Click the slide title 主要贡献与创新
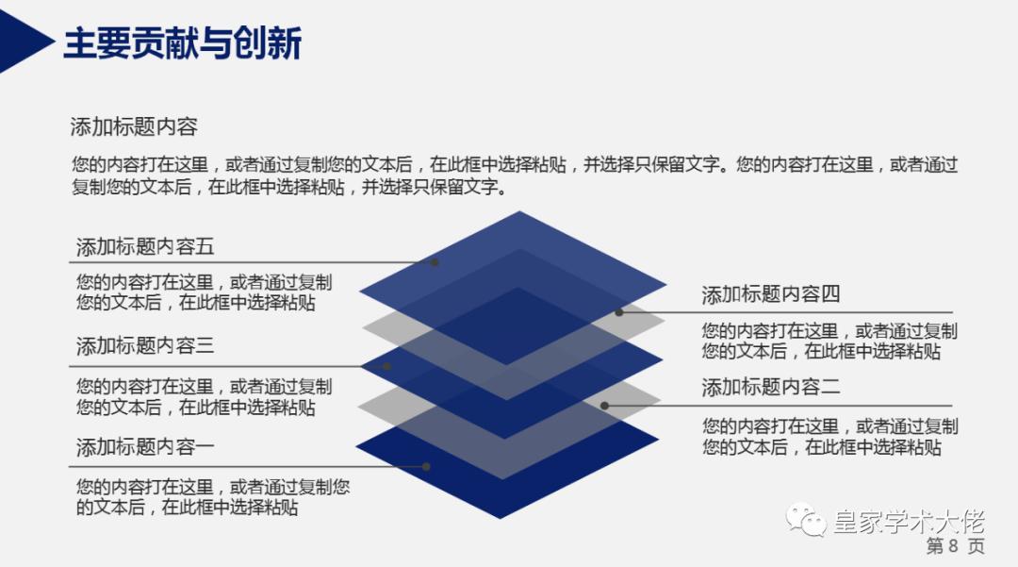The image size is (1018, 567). point(182,42)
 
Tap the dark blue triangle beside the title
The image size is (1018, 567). point(21,40)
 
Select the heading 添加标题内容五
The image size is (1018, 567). point(145,247)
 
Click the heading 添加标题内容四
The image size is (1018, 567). point(770,294)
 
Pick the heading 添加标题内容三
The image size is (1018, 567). point(145,346)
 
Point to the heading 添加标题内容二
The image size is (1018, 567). point(770,387)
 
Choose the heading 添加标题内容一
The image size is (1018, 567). point(145,446)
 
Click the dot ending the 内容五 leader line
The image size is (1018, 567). point(435,262)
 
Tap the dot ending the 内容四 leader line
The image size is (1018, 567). point(619,312)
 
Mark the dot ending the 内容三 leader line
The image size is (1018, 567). point(386,366)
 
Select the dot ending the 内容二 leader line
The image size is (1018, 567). point(605,406)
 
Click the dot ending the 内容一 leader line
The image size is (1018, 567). point(426,466)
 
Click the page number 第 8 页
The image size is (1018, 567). point(955,547)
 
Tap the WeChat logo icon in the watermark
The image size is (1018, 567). point(808,521)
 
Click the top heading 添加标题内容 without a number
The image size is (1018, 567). point(134,127)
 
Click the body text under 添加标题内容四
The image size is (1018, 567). point(829,342)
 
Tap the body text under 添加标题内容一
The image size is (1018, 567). point(212,497)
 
